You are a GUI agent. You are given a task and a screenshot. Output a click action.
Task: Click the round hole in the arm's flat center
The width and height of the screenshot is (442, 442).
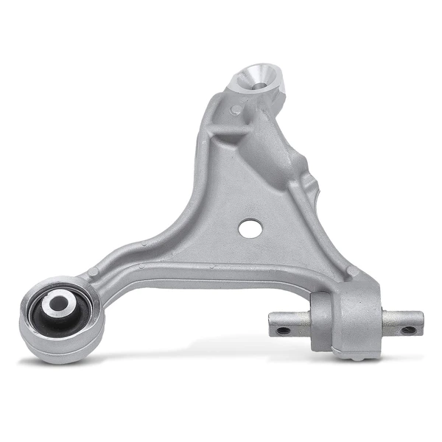pos(250,228)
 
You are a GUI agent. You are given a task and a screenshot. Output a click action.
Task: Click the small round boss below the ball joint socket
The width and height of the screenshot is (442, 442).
pos(236,110)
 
